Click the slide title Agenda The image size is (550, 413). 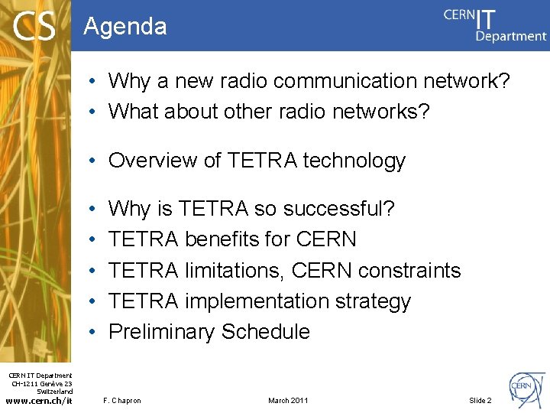125,27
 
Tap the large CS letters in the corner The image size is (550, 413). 34,27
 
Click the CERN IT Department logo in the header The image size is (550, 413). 495,24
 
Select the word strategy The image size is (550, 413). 375,302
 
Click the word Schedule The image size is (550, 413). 266,332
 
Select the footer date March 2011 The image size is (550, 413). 288,401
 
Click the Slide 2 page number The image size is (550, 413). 480,401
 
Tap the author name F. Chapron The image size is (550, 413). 121,401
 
